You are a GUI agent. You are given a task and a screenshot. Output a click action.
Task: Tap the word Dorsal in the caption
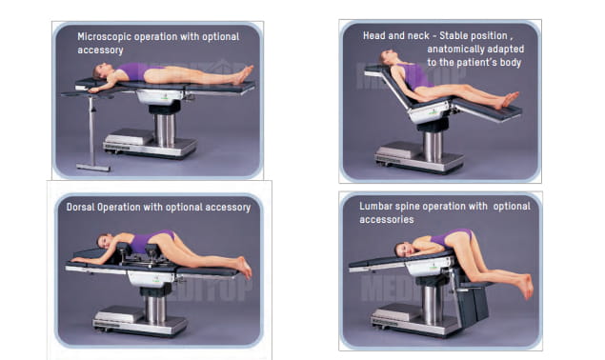tap(80, 208)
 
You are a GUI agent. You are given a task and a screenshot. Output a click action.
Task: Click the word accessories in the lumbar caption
tap(387, 220)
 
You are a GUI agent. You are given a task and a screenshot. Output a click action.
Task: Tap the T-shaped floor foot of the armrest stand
tap(93, 168)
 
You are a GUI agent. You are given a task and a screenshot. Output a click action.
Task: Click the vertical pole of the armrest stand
tap(91, 130)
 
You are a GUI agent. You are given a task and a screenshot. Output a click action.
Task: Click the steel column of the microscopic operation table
tap(165, 130)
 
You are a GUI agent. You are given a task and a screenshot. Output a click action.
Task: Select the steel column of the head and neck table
tap(433, 147)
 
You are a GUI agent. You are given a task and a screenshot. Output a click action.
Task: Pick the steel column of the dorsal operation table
tap(155, 309)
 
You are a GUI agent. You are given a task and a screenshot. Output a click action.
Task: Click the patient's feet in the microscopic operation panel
tap(244, 75)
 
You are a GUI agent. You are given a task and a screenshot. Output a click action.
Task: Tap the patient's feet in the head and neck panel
tap(509, 100)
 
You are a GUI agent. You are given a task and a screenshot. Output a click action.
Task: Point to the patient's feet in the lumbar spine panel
tap(526, 286)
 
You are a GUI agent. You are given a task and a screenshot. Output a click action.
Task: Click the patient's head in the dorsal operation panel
tap(105, 241)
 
